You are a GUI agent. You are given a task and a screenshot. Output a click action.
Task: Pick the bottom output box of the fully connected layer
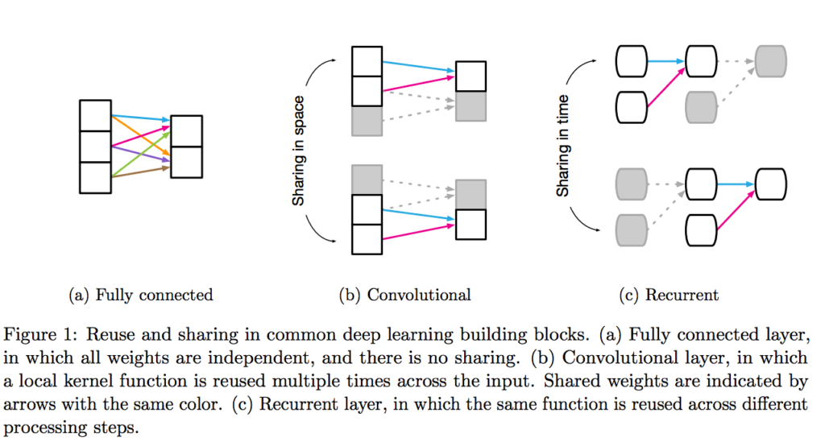click(186, 162)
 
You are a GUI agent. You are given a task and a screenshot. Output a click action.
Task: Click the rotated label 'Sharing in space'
click(298, 151)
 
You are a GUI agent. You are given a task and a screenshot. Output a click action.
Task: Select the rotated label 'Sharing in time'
click(563, 146)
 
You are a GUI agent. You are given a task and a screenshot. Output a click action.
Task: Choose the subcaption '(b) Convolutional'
click(405, 295)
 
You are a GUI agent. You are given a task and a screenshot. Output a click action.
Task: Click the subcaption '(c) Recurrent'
click(669, 295)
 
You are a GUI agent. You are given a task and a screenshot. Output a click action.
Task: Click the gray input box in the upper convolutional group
click(367, 121)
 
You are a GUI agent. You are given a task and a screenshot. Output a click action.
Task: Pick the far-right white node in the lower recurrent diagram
click(770, 184)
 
